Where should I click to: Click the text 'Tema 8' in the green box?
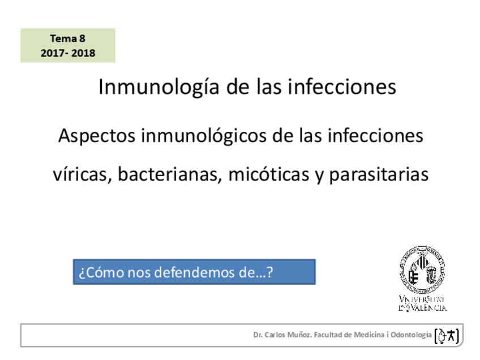(x=67, y=39)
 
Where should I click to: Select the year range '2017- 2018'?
(x=67, y=53)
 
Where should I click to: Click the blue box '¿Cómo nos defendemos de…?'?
(x=194, y=272)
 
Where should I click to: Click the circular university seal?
(x=421, y=269)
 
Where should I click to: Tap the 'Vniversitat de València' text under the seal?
(x=422, y=303)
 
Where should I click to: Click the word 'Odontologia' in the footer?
(x=412, y=335)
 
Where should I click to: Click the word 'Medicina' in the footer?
(x=369, y=335)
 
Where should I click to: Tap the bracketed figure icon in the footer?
(x=446, y=336)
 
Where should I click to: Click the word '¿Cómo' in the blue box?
(x=93, y=272)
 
